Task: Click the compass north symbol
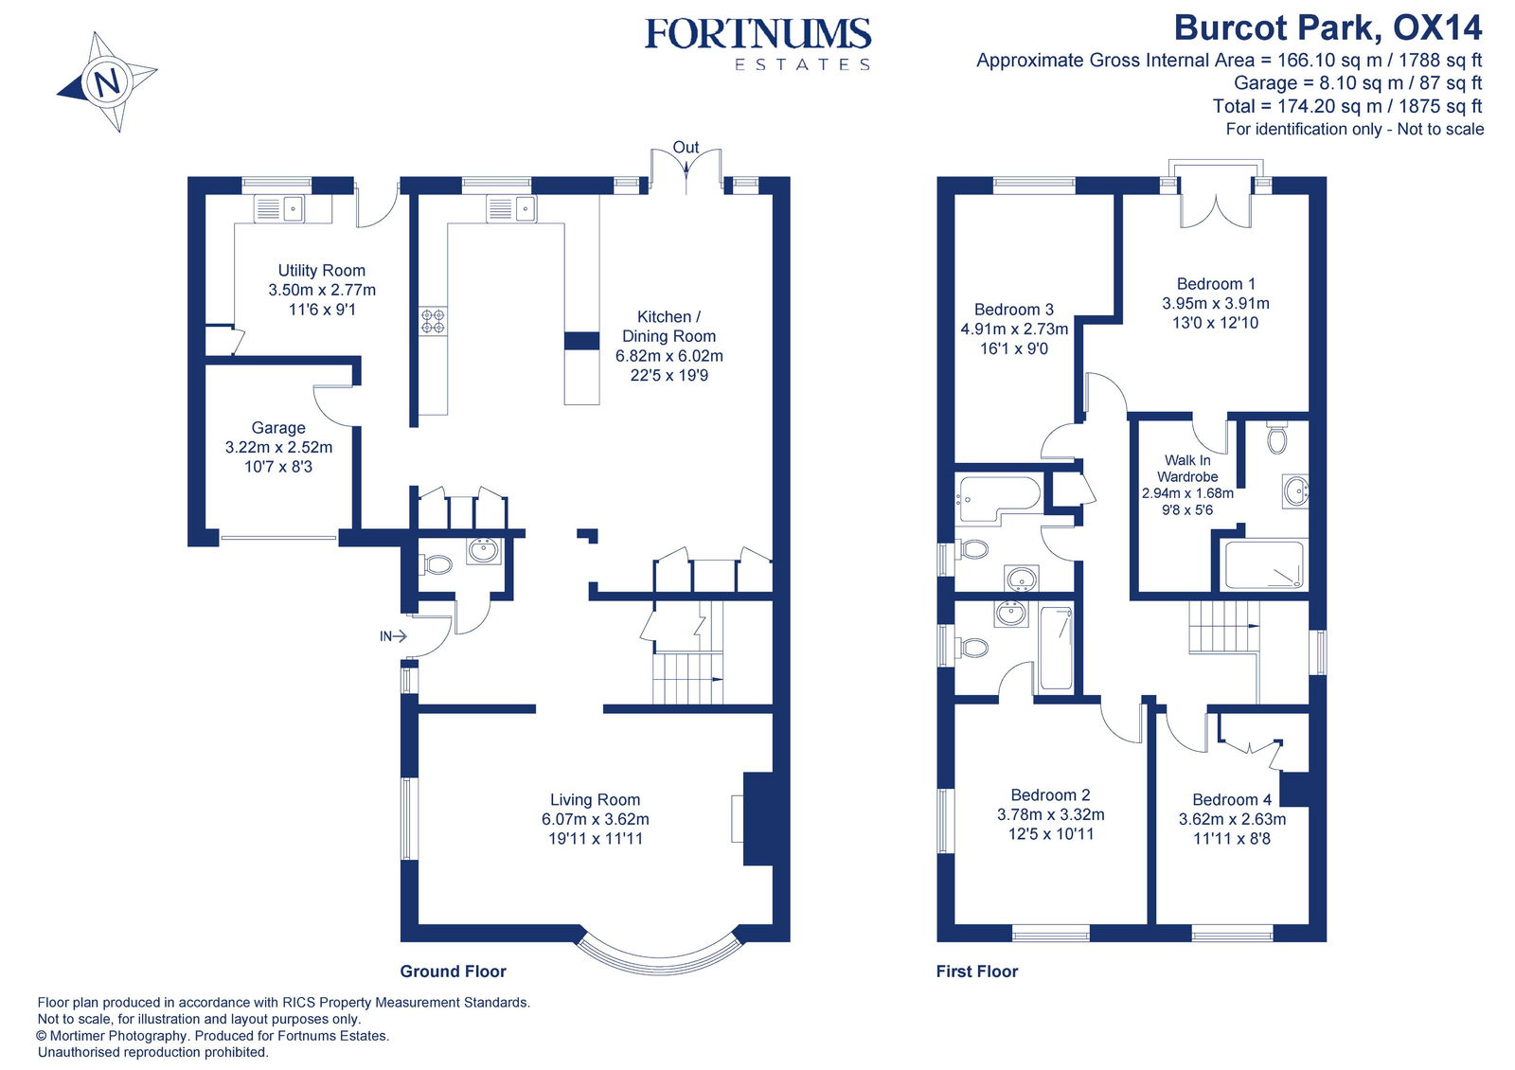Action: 107,81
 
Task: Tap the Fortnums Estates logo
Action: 757,44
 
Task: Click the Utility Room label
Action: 321,271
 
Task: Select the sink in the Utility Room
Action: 279,208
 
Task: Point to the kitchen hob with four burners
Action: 433,321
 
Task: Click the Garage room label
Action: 278,428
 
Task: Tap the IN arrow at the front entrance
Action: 393,636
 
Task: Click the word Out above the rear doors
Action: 686,148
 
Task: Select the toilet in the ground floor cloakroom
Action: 437,565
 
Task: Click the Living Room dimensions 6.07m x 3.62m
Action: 595,819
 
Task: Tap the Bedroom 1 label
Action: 1216,284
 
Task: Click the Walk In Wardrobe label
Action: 1187,469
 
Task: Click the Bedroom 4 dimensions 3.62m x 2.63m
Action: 1232,819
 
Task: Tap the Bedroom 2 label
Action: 1050,795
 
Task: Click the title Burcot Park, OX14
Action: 1328,28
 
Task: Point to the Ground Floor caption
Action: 453,972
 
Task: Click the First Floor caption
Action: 976,972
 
